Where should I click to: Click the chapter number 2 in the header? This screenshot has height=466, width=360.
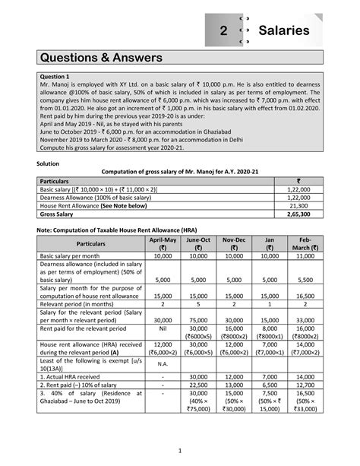pyautogui.click(x=223, y=30)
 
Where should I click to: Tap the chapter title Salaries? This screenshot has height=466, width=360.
pyautogui.click(x=283, y=30)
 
